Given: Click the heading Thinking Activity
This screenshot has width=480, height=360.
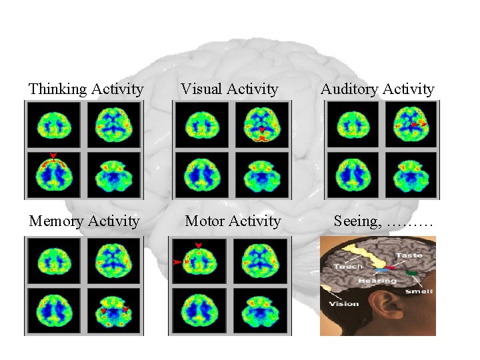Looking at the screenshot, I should click(x=86, y=89).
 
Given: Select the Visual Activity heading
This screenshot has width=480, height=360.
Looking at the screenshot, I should click(x=229, y=89).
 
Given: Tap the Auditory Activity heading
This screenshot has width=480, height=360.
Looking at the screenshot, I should click(x=377, y=89).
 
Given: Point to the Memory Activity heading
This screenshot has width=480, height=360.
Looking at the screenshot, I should click(x=85, y=221).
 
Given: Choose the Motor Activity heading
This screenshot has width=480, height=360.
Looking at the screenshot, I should click(x=233, y=221).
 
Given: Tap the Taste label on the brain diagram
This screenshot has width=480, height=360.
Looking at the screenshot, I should click(x=408, y=255).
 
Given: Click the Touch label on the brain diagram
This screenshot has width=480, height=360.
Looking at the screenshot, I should click(x=348, y=267).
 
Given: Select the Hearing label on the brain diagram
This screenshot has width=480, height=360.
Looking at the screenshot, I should click(x=377, y=281).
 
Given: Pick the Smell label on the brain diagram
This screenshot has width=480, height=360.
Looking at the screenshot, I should click(x=419, y=291).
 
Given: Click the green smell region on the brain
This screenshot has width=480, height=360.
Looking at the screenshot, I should click(x=413, y=273).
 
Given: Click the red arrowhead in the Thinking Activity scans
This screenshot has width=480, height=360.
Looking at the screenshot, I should click(x=53, y=155).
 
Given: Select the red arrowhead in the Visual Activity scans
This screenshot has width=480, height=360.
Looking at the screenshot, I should click(x=263, y=129).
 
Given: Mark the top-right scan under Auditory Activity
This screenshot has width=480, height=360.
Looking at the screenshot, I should click(x=413, y=125).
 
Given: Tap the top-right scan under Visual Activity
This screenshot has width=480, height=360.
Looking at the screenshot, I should click(x=264, y=125).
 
